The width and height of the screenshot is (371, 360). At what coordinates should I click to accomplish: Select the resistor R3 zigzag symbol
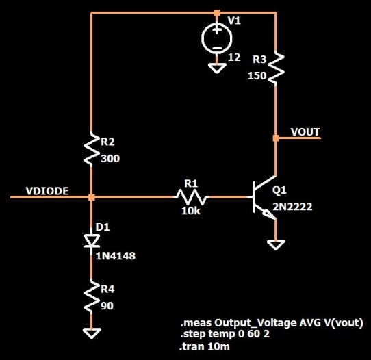pyautogui.click(x=276, y=68)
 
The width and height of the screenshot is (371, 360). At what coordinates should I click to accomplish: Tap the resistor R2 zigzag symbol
pyautogui.click(x=92, y=150)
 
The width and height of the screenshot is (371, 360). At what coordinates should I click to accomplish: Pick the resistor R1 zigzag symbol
pyautogui.click(x=190, y=197)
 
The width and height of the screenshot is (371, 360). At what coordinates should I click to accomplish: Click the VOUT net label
pyautogui.click(x=305, y=131)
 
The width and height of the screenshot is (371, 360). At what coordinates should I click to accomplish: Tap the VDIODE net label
pyautogui.click(x=47, y=191)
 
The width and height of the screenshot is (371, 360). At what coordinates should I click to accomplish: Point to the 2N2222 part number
pyautogui.click(x=294, y=206)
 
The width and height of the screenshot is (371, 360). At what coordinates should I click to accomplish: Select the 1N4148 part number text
pyautogui.click(x=118, y=256)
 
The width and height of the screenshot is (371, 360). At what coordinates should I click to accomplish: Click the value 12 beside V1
pyautogui.click(x=234, y=57)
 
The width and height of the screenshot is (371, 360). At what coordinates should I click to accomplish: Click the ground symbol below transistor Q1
pyautogui.click(x=276, y=245)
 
